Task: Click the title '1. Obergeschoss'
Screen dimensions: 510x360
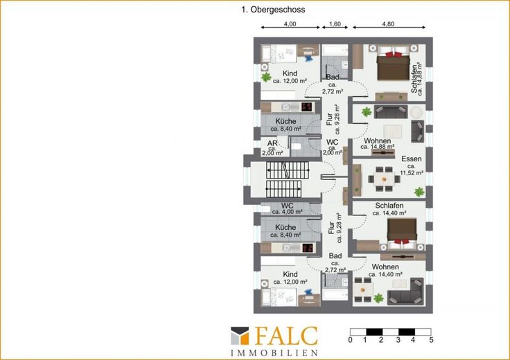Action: click(x=273, y=10)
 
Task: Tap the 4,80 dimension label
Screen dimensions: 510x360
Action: click(x=388, y=24)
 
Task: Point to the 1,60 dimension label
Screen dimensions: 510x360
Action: click(x=335, y=24)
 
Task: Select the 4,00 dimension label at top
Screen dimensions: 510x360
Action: click(x=290, y=24)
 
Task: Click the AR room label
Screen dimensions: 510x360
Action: click(x=272, y=143)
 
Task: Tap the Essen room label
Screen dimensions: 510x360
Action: click(x=412, y=159)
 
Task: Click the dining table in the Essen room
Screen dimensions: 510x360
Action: click(x=384, y=179)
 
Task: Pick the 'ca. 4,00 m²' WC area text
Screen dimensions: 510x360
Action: click(x=288, y=212)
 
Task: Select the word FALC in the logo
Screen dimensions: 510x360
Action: click(x=286, y=336)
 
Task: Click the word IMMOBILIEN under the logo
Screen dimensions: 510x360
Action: click(x=274, y=353)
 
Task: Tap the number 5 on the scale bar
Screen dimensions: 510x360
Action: click(x=431, y=340)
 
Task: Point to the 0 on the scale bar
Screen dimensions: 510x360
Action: click(x=350, y=340)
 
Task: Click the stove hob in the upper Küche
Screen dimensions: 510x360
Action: click(x=307, y=107)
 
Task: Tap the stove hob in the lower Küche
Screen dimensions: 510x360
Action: click(x=308, y=248)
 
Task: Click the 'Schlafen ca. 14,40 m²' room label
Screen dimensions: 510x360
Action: click(x=389, y=209)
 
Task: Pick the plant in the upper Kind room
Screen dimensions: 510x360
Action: click(x=266, y=77)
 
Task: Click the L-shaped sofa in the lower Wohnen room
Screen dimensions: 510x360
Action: click(x=406, y=291)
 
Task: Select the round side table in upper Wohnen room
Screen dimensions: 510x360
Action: click(x=416, y=112)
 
